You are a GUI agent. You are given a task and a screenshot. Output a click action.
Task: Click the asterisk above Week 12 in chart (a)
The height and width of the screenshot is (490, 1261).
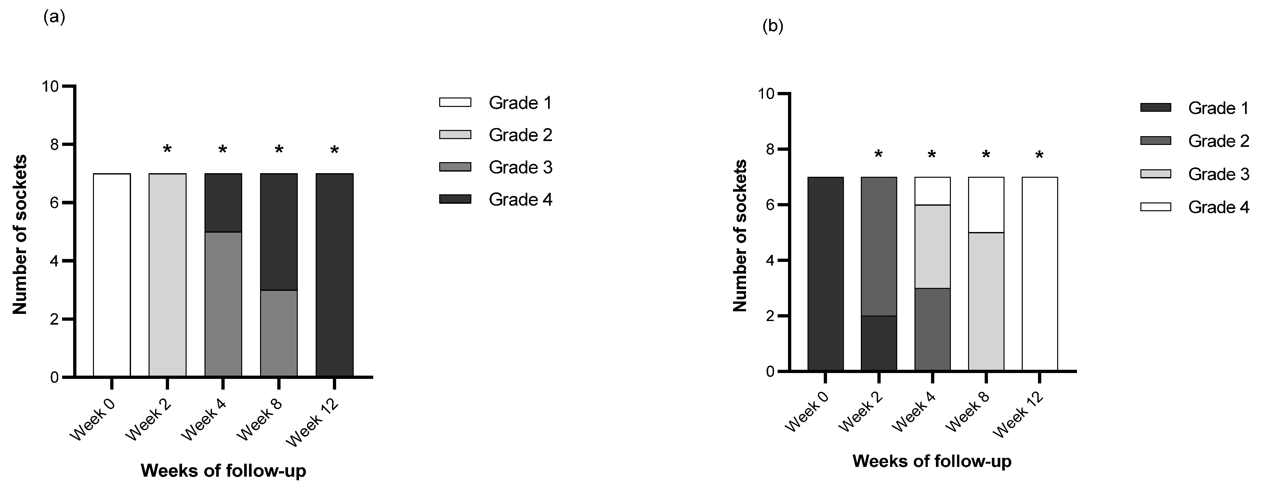coord(334,150)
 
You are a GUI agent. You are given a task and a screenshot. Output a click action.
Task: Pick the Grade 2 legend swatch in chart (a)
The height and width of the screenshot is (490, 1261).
coord(455,135)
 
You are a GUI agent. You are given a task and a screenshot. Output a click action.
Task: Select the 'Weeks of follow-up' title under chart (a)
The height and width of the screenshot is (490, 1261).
coord(223,471)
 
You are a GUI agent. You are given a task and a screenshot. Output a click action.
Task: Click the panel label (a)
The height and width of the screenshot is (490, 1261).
coord(54,17)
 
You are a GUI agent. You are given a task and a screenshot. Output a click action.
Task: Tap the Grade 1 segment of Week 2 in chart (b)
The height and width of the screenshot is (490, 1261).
coord(879,343)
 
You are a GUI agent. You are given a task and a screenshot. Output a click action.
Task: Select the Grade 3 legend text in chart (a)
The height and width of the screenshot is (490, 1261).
coord(520,167)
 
